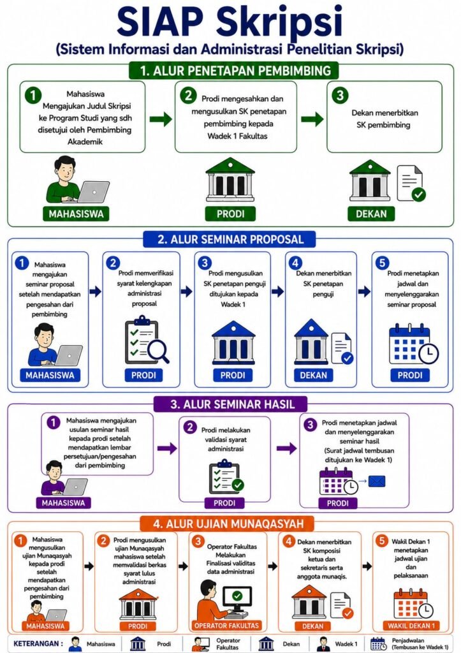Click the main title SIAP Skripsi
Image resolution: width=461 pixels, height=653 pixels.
tap(230, 22)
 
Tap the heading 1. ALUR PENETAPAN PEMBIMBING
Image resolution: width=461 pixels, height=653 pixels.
tap(235, 71)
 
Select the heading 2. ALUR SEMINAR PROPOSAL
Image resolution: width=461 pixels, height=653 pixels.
tap(231, 240)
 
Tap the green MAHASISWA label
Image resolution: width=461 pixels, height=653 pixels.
tap(76, 214)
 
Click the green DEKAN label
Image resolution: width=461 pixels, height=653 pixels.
tap(371, 214)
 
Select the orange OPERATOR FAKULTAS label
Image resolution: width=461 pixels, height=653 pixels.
tap(226, 626)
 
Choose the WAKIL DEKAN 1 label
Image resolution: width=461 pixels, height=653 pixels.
tap(411, 626)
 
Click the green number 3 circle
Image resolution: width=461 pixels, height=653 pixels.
tap(339, 96)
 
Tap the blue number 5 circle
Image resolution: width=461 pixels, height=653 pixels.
tap(382, 263)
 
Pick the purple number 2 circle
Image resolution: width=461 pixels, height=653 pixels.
tap(190, 427)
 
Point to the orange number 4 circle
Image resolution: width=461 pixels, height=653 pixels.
tap(289, 541)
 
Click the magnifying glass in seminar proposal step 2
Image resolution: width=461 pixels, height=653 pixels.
tap(159, 351)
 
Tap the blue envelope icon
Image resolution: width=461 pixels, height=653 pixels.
tap(376, 481)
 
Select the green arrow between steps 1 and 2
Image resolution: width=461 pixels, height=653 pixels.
tap(161, 119)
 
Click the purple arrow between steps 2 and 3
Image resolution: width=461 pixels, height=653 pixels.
tap(286, 448)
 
